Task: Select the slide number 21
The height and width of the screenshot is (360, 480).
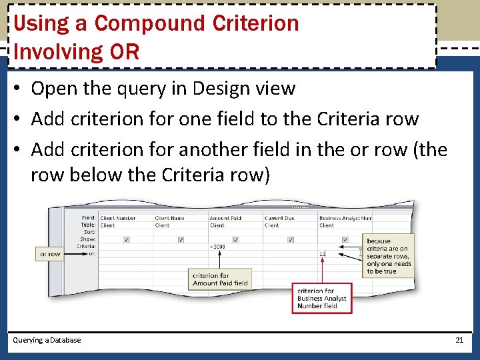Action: (459, 340)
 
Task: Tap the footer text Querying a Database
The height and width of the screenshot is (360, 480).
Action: (47, 340)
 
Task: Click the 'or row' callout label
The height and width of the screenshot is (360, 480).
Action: (50, 254)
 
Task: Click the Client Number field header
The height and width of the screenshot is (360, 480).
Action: (118, 218)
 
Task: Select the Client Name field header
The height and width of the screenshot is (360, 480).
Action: (170, 218)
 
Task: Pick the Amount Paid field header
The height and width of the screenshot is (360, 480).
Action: (225, 218)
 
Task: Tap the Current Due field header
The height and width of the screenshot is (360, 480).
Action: (279, 218)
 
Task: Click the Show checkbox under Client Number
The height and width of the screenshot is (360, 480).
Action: (126, 239)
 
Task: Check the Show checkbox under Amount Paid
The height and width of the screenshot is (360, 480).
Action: (235, 239)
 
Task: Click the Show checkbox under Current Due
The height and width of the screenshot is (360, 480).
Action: (290, 239)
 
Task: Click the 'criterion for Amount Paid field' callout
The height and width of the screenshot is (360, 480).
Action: (220, 279)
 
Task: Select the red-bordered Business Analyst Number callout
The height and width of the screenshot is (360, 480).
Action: (322, 298)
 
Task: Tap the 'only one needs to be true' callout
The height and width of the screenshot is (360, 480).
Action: (389, 256)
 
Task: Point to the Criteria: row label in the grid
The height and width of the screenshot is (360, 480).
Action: (87, 246)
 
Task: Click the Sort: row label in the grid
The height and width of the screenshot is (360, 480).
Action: (89, 232)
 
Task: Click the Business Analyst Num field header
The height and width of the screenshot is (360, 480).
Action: (345, 218)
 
